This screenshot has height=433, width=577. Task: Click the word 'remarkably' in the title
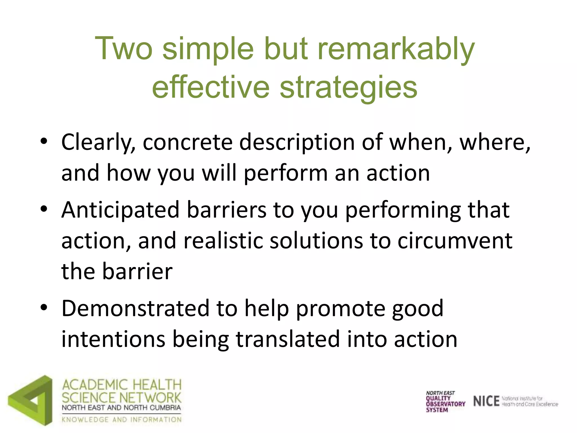396,50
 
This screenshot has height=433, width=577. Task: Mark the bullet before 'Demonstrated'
44,307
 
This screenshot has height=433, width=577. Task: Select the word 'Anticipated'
120,210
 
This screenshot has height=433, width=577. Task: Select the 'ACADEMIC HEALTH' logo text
122,385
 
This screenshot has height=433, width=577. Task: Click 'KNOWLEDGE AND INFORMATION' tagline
122,420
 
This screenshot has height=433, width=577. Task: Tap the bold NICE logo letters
486,401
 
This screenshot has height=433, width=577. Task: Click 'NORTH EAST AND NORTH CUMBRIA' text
121,408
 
